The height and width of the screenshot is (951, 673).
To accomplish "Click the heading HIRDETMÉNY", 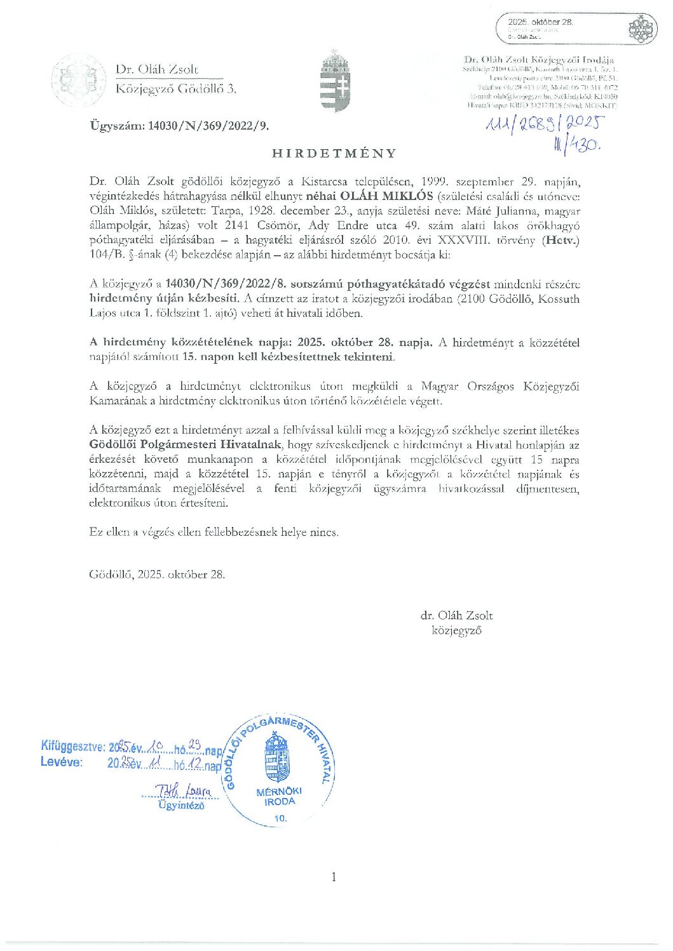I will (x=334, y=154).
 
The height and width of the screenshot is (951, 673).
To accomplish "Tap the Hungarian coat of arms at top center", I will (x=335, y=81).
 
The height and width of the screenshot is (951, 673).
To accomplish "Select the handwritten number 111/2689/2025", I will (x=543, y=126).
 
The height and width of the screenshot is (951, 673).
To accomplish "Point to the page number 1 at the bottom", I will (x=334, y=877).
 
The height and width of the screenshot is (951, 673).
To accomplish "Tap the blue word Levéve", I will (x=61, y=762).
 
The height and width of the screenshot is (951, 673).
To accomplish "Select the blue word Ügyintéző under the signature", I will (x=181, y=806).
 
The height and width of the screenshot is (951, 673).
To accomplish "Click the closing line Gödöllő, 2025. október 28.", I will (x=157, y=575).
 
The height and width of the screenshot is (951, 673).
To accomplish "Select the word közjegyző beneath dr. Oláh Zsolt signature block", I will (x=456, y=630).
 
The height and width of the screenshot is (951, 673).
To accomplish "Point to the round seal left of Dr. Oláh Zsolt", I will (x=78, y=80).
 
